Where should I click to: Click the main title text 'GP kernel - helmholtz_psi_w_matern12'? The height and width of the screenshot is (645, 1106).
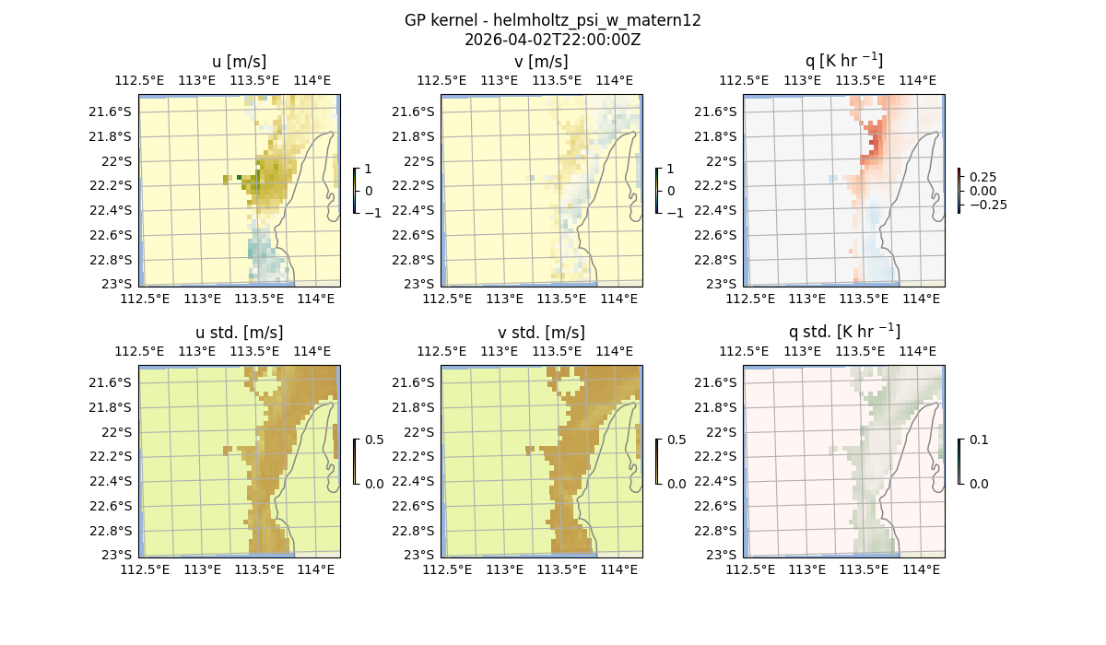coord(552,20)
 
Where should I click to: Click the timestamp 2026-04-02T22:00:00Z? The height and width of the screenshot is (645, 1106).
coord(552,40)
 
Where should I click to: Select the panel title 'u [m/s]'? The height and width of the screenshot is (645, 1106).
coord(239,62)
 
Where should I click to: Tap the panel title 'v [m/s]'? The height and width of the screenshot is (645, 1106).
coord(541,62)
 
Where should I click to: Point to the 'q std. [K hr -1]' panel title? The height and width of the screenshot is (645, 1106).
coord(843,332)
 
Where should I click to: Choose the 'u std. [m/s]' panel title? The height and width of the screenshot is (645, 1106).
coord(239,333)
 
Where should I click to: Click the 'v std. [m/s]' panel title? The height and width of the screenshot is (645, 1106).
coord(541,333)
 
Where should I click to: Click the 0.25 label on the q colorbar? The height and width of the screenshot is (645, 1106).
coord(982,177)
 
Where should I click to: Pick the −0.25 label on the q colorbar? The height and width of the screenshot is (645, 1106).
coord(987,205)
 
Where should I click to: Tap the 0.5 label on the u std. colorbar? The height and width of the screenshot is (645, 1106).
coord(374,440)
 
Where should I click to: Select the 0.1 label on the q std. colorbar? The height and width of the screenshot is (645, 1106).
coord(979,440)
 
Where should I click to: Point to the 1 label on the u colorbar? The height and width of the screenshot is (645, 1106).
coord(369,169)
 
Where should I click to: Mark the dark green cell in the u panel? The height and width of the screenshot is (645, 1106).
coord(240,177)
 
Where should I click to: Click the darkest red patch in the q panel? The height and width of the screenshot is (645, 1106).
coord(875,144)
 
